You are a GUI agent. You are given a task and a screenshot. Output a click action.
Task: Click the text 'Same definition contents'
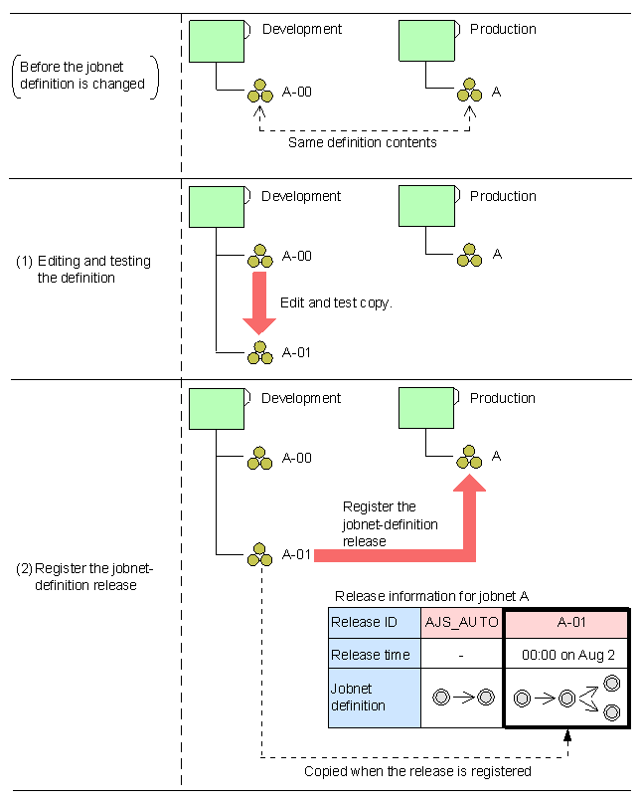(362, 142)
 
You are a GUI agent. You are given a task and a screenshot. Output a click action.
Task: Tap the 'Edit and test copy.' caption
(336, 302)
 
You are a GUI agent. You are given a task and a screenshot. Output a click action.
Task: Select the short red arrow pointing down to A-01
(259, 303)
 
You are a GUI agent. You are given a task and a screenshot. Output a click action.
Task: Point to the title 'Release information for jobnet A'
(431, 596)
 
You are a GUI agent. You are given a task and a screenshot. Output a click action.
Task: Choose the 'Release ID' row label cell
(375, 623)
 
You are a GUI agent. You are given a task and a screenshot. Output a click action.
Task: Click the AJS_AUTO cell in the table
(462, 623)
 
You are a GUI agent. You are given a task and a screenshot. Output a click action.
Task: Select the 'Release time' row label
(375, 654)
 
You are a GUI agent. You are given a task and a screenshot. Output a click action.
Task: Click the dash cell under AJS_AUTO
(462, 654)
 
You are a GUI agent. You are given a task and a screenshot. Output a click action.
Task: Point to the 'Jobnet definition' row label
(375, 698)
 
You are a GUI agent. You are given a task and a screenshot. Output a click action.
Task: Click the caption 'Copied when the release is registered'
(417, 771)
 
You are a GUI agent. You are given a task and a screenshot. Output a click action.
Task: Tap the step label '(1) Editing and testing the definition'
(83, 270)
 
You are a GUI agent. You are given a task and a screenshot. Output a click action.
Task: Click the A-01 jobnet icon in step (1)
(260, 352)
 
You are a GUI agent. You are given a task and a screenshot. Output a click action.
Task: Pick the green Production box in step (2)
(426, 408)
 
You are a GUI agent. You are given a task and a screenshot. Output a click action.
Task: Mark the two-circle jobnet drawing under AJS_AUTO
(462, 698)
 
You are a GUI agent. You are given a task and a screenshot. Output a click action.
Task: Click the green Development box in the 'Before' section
(218, 41)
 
